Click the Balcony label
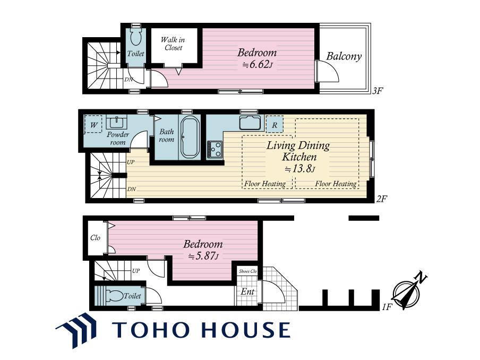344,56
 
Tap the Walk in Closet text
173,44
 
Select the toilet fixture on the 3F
135,37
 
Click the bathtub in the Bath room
190,138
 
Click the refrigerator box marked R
275,124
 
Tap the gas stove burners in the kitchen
215,149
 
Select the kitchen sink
250,123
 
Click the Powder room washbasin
116,123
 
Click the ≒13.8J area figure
299,169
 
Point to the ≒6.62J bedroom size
257,65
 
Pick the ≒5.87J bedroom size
203,256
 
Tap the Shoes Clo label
247,271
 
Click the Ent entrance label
247,292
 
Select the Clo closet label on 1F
95,238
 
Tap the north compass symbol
409,290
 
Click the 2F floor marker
382,199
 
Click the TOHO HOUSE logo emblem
76,330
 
